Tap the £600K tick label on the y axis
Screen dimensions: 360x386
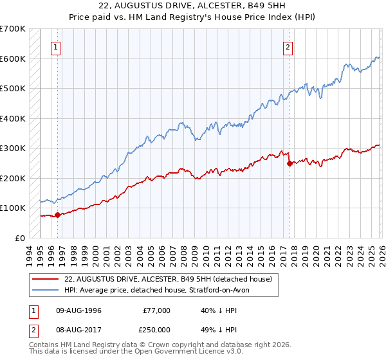[12, 59]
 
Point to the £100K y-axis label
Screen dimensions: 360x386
[12, 208]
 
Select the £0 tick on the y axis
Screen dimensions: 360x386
[20, 238]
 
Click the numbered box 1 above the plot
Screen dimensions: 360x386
[57, 46]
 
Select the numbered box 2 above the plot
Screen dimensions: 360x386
[288, 46]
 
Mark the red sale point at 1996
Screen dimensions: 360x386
[57, 215]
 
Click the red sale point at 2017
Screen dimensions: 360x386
[289, 163]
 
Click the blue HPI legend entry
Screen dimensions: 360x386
[160, 290]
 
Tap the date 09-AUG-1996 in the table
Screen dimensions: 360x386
[78, 310]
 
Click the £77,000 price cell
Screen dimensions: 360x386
[156, 310]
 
